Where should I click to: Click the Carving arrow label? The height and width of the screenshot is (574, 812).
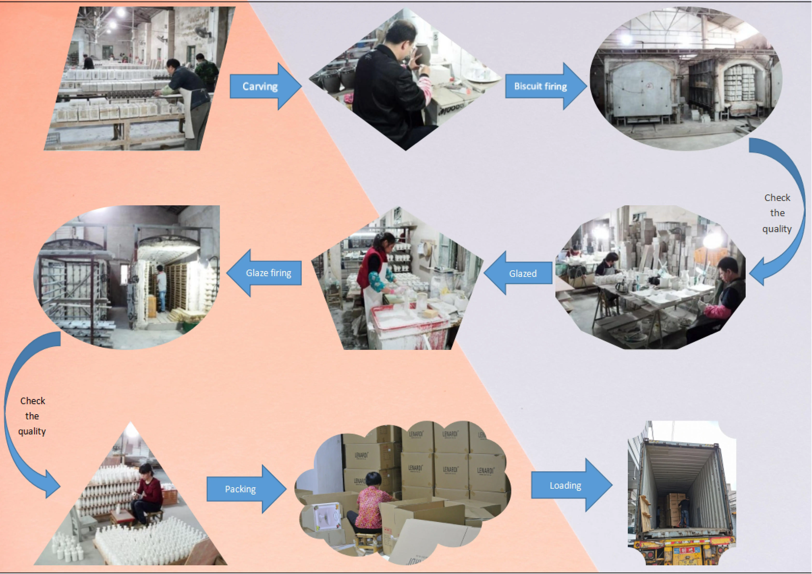click(x=260, y=86)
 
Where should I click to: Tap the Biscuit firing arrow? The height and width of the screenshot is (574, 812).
click(x=540, y=86)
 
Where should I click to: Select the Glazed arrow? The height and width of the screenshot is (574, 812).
click(x=523, y=273)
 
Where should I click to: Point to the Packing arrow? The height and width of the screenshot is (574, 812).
click(x=241, y=489)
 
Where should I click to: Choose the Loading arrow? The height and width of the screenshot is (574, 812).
click(x=565, y=486)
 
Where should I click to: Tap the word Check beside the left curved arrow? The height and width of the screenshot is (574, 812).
click(x=33, y=401)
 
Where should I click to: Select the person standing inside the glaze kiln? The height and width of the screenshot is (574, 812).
click(x=161, y=287)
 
